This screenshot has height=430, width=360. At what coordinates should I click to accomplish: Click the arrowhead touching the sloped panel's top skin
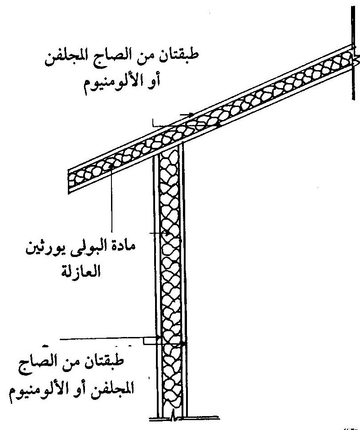point(191,115)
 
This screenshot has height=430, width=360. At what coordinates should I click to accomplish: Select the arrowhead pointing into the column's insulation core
point(167,233)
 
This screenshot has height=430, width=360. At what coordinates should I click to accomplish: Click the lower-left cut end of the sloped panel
point(68,182)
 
